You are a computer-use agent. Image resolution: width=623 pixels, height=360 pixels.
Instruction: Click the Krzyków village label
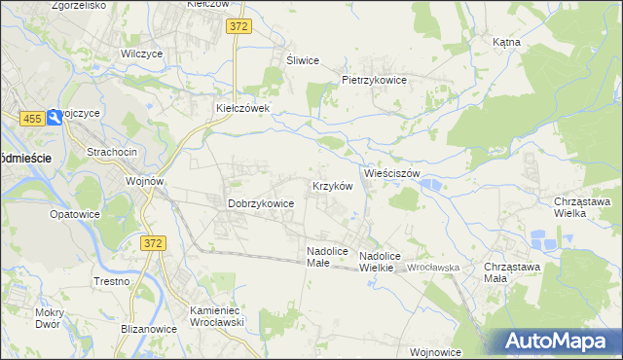[x=330, y=186]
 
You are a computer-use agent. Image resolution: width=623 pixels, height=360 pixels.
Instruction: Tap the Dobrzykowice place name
[x=261, y=203]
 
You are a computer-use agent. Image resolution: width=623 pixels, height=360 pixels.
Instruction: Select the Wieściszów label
[x=391, y=173]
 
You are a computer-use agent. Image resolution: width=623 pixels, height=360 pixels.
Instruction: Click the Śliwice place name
[x=303, y=60]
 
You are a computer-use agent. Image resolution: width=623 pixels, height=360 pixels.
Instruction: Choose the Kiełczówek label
[x=249, y=108]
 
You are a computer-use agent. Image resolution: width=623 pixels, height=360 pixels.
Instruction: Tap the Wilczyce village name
[x=140, y=54]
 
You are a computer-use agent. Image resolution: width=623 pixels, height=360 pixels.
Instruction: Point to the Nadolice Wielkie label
[x=380, y=261]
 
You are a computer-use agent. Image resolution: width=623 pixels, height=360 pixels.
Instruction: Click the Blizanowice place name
[x=149, y=329]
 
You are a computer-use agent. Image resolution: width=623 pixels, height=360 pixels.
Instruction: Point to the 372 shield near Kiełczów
[x=240, y=27]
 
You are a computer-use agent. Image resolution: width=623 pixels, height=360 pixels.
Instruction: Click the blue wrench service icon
[x=55, y=117]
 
